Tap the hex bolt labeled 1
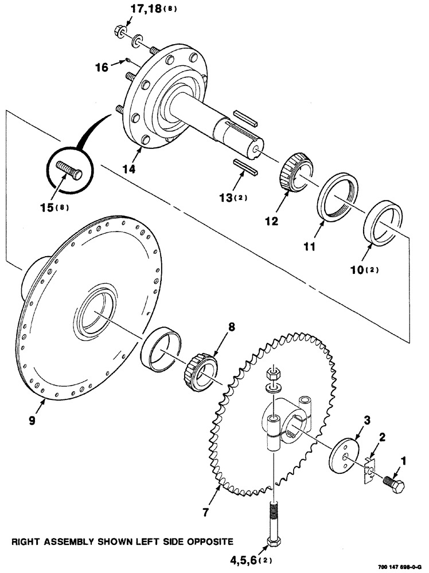tap(393, 482)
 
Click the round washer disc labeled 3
tap(345, 456)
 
